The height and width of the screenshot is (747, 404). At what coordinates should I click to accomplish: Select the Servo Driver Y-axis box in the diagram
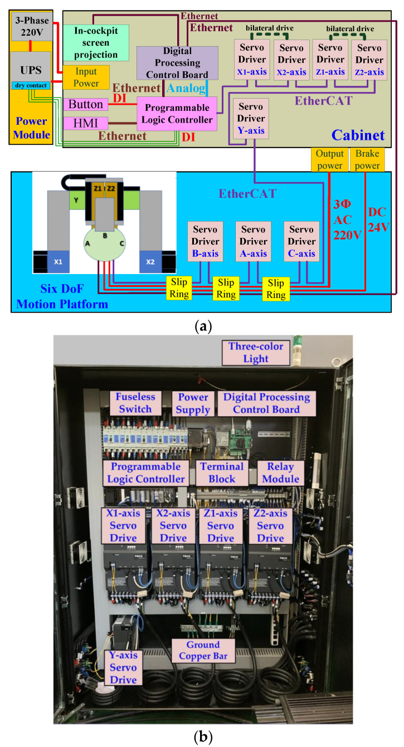(x=252, y=119)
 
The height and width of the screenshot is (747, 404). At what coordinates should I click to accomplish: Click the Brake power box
(x=367, y=160)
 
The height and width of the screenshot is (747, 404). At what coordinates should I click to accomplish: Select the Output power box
(x=330, y=160)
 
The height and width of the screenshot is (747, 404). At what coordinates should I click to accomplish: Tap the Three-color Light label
(x=256, y=353)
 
